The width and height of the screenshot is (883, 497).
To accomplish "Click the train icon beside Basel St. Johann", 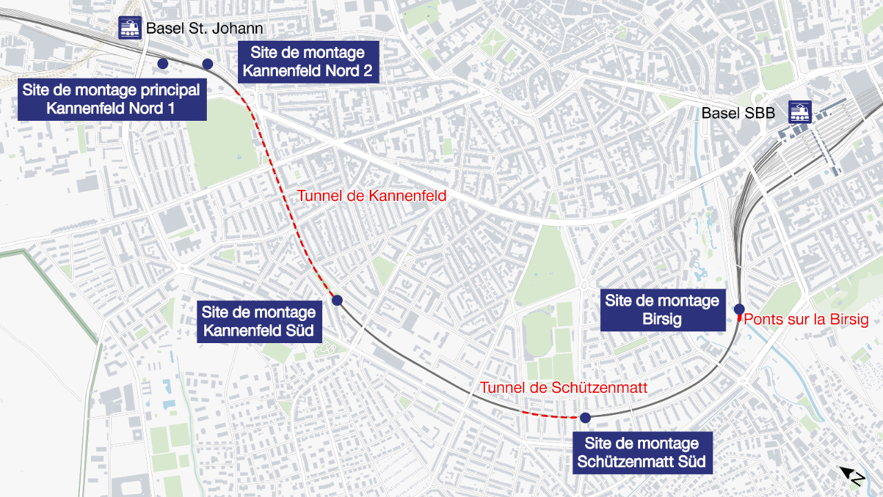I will pyautogui.click(x=130, y=28).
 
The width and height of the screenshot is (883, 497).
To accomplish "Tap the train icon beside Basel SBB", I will pyautogui.click(x=800, y=112).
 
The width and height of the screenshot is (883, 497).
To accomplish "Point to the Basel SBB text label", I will pyautogui.click(x=738, y=113).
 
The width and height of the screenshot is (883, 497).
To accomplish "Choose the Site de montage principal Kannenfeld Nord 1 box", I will pyautogui.click(x=111, y=99).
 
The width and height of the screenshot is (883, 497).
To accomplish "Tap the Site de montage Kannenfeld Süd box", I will pyautogui.click(x=259, y=322).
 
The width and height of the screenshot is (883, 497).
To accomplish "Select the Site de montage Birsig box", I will pyautogui.click(x=662, y=310).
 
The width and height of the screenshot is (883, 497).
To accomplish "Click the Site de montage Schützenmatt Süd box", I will pyautogui.click(x=642, y=453).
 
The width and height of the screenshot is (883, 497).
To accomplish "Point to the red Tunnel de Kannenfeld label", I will pyautogui.click(x=372, y=196).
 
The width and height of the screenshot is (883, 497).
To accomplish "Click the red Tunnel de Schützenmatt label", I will pyautogui.click(x=564, y=388).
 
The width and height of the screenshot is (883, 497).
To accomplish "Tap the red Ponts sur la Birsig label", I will pyautogui.click(x=806, y=320).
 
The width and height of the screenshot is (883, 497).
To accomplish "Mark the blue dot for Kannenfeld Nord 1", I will pyautogui.click(x=163, y=64).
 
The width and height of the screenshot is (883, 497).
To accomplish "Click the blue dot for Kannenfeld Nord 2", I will pyautogui.click(x=207, y=64).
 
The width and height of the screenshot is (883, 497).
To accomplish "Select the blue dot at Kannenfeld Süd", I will pyautogui.click(x=337, y=300).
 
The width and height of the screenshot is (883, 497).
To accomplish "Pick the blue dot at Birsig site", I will pyautogui.click(x=739, y=309).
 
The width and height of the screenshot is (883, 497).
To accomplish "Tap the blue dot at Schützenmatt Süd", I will pyautogui.click(x=585, y=418).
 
